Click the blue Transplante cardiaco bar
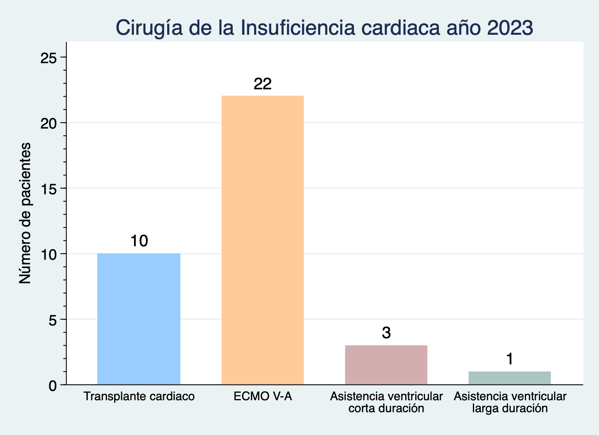138,319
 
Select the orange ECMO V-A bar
263,240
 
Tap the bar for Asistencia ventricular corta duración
386,365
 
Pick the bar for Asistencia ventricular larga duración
510,378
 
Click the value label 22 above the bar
263,84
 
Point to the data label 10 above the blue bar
139,241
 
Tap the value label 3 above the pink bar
386,333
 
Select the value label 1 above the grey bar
510,360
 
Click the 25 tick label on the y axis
48,58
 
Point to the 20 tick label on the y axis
48,123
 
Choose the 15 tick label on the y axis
48,188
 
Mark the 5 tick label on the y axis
52,320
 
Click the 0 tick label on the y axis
52,385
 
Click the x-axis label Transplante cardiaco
139,396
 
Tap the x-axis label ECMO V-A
263,396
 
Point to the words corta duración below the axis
386,408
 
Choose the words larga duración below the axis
510,408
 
